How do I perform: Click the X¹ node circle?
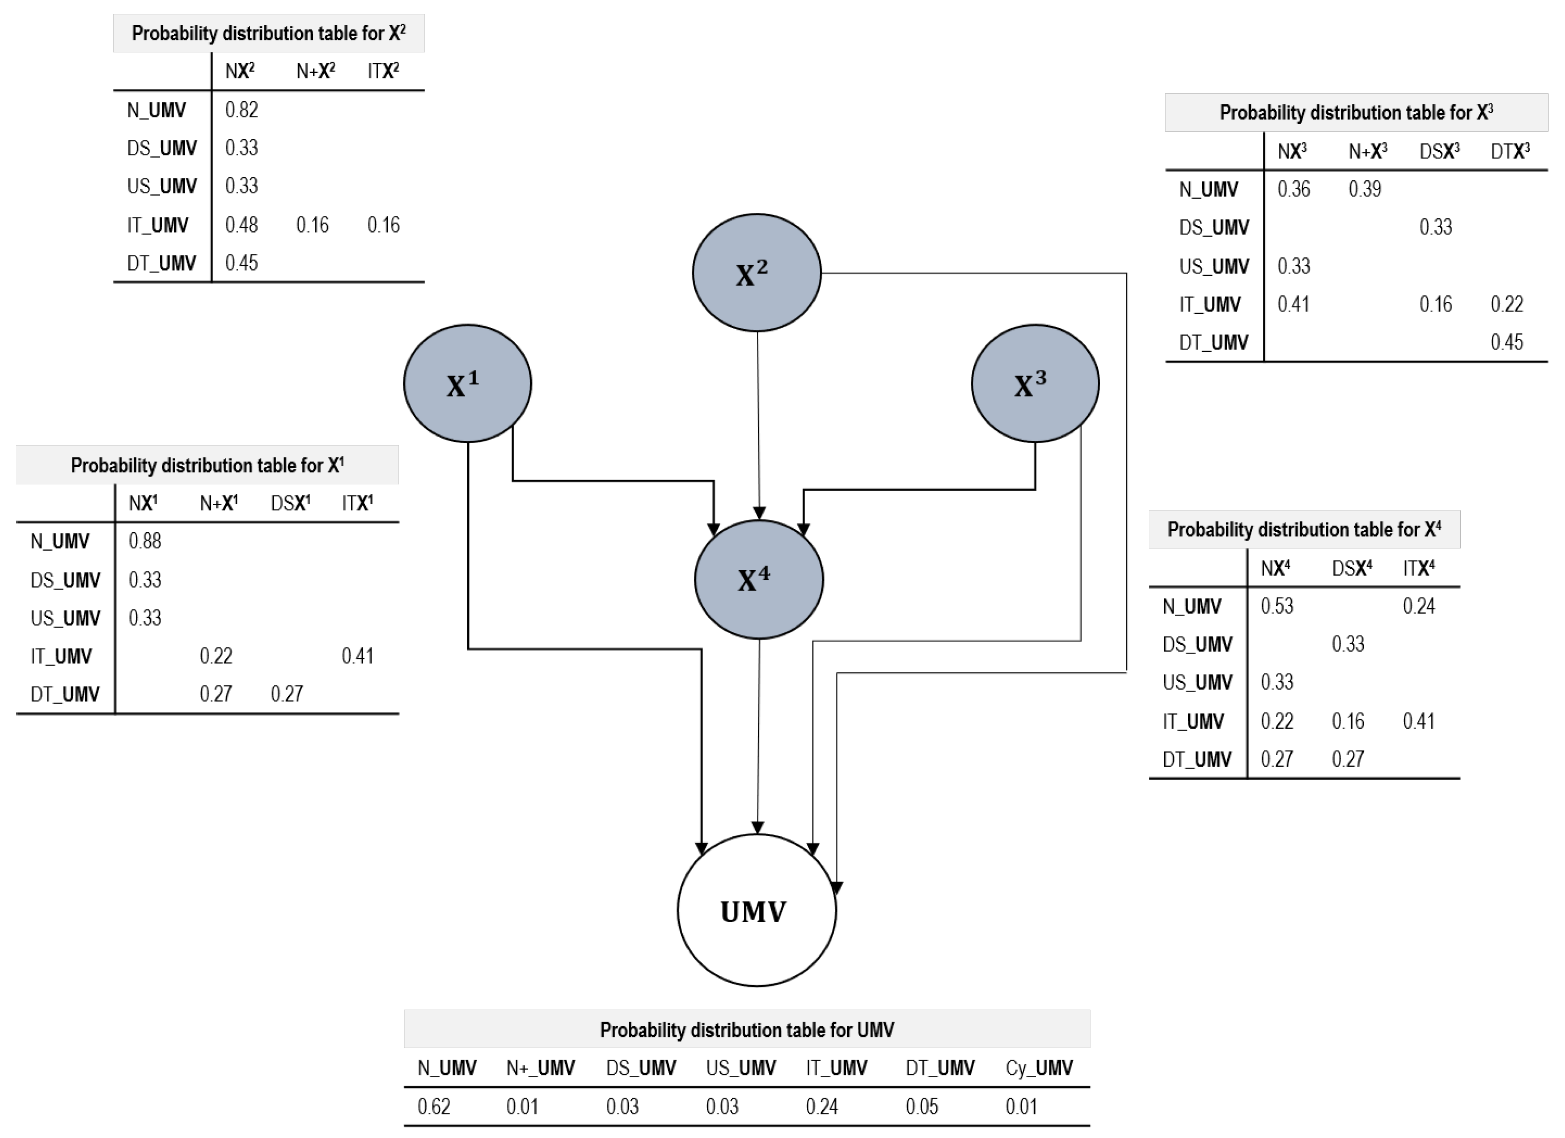[x=467, y=384]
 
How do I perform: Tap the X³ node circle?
[x=1034, y=384]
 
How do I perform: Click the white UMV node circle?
[x=756, y=910]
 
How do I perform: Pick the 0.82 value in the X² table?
[x=241, y=110]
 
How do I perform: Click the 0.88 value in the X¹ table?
[x=145, y=541]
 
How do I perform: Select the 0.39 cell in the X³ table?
[x=1364, y=189]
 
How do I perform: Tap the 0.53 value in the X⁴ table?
[x=1277, y=606]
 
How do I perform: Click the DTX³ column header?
[x=1510, y=151]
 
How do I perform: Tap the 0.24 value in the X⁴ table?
[x=1419, y=606]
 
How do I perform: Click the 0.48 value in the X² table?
[x=241, y=225]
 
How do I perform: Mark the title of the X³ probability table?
[x=1356, y=113]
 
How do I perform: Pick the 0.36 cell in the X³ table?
[x=1293, y=189]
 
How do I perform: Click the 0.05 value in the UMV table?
[x=921, y=1106]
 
